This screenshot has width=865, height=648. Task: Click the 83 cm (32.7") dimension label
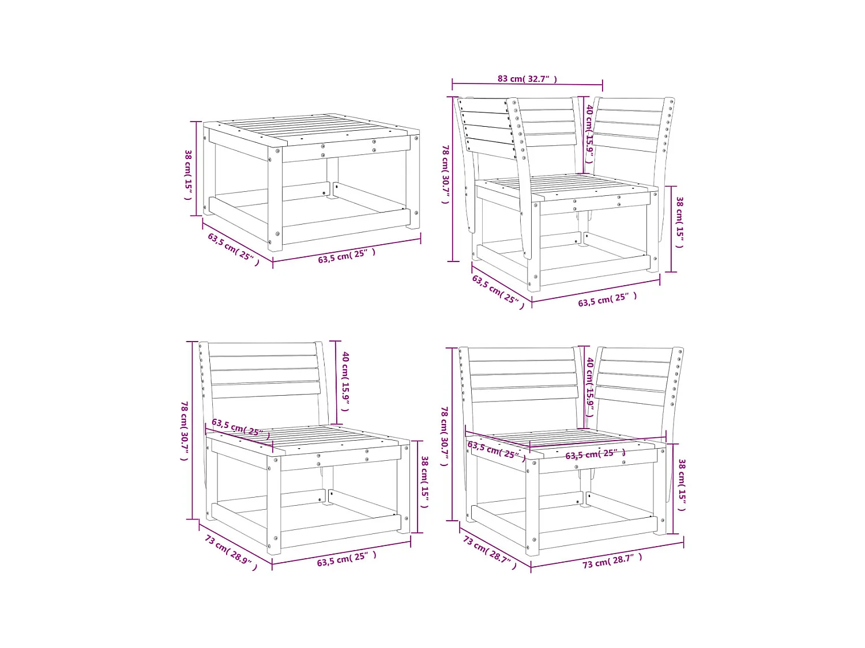[527, 79]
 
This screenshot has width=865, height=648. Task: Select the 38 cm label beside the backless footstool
[188, 175]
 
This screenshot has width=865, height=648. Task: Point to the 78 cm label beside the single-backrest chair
[185, 431]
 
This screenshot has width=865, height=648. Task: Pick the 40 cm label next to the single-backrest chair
[345, 381]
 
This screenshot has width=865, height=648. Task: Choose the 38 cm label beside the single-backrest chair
[424, 482]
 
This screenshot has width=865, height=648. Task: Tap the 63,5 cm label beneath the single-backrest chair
[347, 558]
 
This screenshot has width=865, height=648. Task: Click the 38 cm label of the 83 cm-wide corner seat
[679, 222]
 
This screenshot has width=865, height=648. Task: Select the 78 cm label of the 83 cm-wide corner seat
[445, 174]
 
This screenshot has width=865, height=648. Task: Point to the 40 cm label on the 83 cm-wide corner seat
[589, 133]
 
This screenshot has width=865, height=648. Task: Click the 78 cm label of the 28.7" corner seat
[445, 436]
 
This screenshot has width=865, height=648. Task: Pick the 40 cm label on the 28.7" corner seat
[590, 386]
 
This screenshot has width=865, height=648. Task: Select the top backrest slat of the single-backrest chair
[262, 350]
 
